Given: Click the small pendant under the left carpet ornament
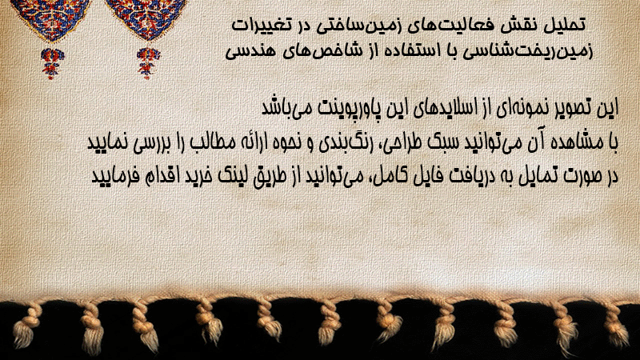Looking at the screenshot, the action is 52,63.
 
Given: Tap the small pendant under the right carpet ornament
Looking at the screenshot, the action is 148,63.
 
